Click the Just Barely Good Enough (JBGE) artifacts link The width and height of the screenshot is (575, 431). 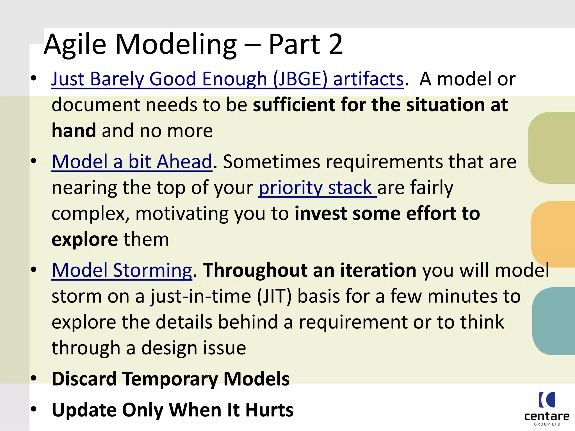coord(227,79)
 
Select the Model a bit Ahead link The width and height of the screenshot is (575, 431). coord(132,162)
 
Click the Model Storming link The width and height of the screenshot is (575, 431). coord(122,270)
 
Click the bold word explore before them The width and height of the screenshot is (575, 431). coord(85,240)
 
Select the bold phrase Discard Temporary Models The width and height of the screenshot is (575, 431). coord(170,379)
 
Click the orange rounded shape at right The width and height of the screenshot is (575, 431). coord(553,234)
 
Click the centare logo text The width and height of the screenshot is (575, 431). coord(547,416)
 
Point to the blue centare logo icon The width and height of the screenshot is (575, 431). coord(547,400)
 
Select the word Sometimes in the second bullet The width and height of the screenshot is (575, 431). coord(271,162)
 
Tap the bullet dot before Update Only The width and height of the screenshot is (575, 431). coord(34,409)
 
